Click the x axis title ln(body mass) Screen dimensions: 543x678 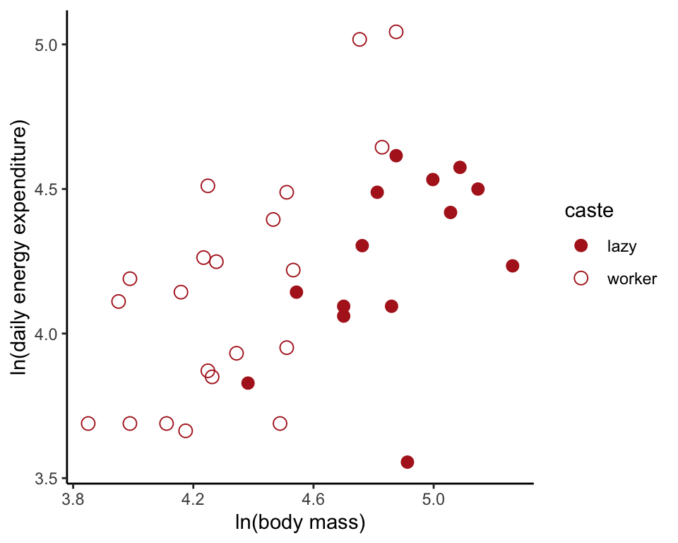[299, 524]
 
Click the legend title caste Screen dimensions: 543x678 [588, 211]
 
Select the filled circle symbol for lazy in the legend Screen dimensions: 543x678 [581, 245]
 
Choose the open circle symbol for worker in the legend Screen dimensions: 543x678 [581, 278]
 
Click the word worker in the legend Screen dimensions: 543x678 [631, 279]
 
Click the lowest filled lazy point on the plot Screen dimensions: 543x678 [408, 462]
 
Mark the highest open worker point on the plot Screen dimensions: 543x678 [396, 32]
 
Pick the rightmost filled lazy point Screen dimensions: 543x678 [513, 266]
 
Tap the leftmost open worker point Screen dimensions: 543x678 [88, 424]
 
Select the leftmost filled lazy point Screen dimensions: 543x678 [248, 383]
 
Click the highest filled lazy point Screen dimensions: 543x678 [396, 156]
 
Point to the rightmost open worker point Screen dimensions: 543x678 [396, 32]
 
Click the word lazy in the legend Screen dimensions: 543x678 [621, 246]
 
